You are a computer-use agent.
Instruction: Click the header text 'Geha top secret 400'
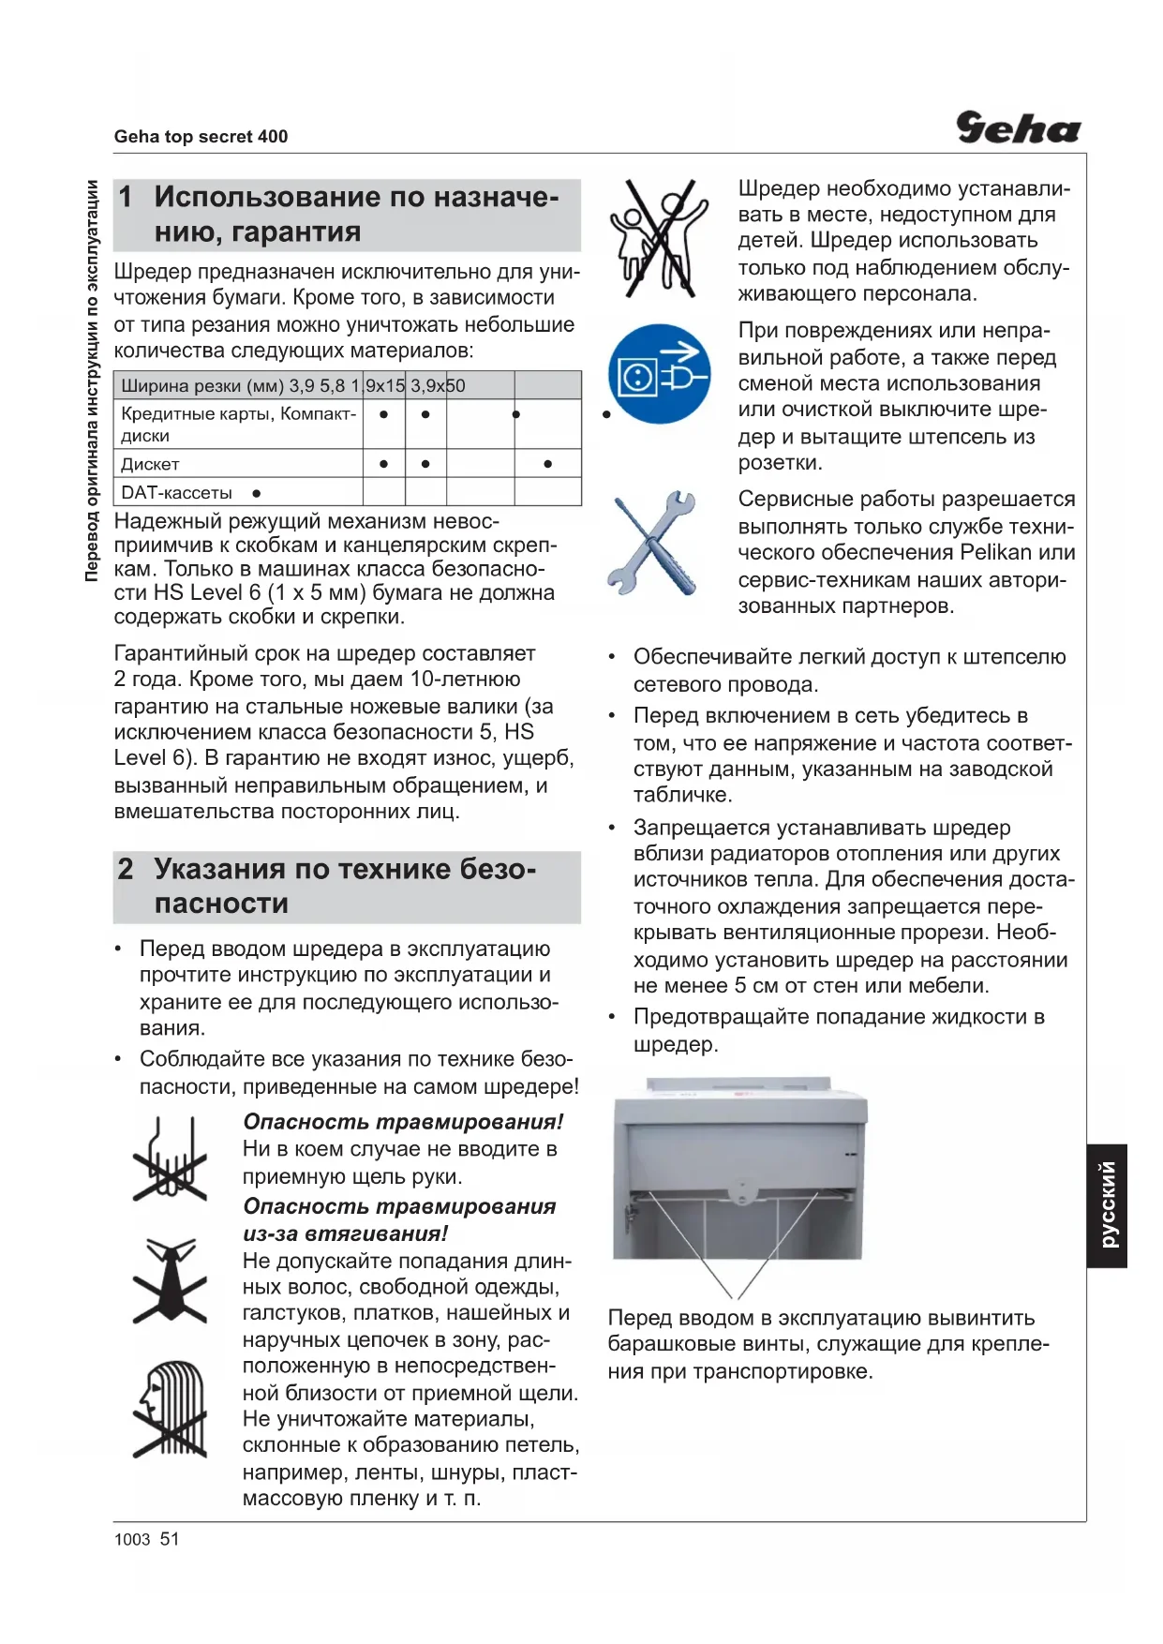coord(201,137)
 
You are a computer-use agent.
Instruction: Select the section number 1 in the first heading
coord(127,197)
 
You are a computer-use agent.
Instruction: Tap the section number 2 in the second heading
coord(127,869)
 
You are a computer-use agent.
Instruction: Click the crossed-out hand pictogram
coord(170,1160)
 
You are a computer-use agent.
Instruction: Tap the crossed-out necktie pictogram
coord(170,1280)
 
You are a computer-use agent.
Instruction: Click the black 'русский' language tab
coord(1107,1205)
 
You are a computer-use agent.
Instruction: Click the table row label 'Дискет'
coord(150,464)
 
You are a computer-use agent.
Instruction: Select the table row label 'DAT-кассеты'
coord(176,493)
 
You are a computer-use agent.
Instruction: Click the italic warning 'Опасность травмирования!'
coord(403,1122)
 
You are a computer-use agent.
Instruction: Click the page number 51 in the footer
coord(170,1539)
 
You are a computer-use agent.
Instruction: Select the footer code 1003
coord(132,1540)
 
